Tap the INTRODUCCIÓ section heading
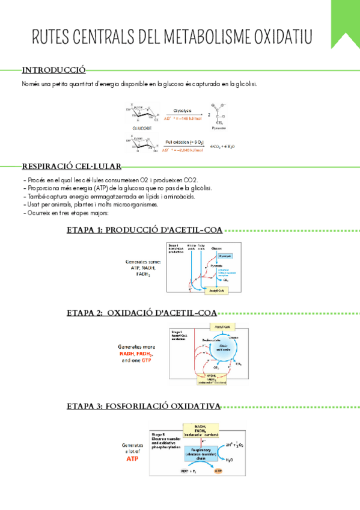(x=53, y=69)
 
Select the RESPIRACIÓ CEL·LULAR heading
(x=72, y=166)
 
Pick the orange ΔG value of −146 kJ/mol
(x=182, y=119)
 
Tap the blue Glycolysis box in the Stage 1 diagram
(x=224, y=256)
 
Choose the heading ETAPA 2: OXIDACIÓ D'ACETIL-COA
(x=142, y=313)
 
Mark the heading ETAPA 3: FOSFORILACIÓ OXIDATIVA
(x=143, y=407)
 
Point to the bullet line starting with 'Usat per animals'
(x=90, y=204)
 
